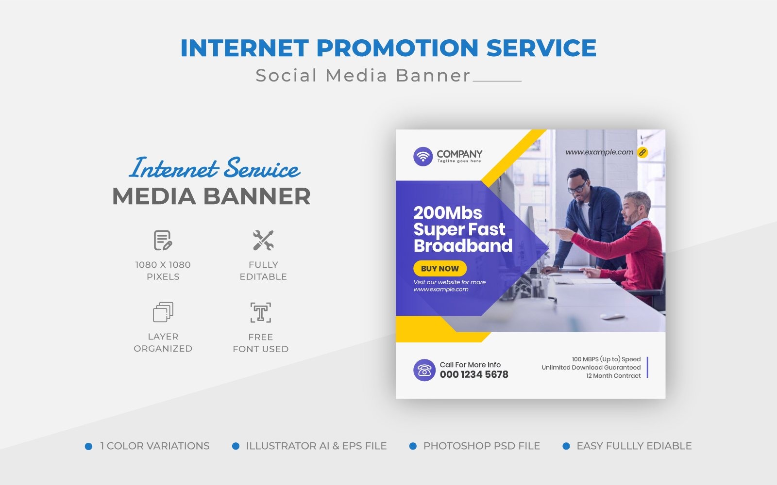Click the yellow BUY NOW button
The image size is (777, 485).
point(439,268)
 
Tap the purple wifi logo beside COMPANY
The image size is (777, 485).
point(423,157)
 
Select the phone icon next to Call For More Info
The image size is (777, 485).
point(424,370)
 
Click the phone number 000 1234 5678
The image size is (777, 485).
point(474,374)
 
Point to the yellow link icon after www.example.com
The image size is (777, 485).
point(642,152)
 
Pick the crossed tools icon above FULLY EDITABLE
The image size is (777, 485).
point(263,241)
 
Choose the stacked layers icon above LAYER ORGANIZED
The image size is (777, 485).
point(163,312)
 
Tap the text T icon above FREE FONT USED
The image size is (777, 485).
point(261,313)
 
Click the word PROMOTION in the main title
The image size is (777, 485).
point(398,48)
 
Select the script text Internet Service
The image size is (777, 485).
point(215,168)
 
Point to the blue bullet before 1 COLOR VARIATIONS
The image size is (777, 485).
point(88,446)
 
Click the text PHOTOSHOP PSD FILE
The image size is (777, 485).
point(481,446)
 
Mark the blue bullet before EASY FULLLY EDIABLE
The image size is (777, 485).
point(566,446)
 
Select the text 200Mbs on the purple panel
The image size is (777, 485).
point(448,213)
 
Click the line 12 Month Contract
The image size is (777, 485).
point(613,376)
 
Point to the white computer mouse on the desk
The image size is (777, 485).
point(612,317)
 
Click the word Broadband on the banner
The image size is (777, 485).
point(463,246)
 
